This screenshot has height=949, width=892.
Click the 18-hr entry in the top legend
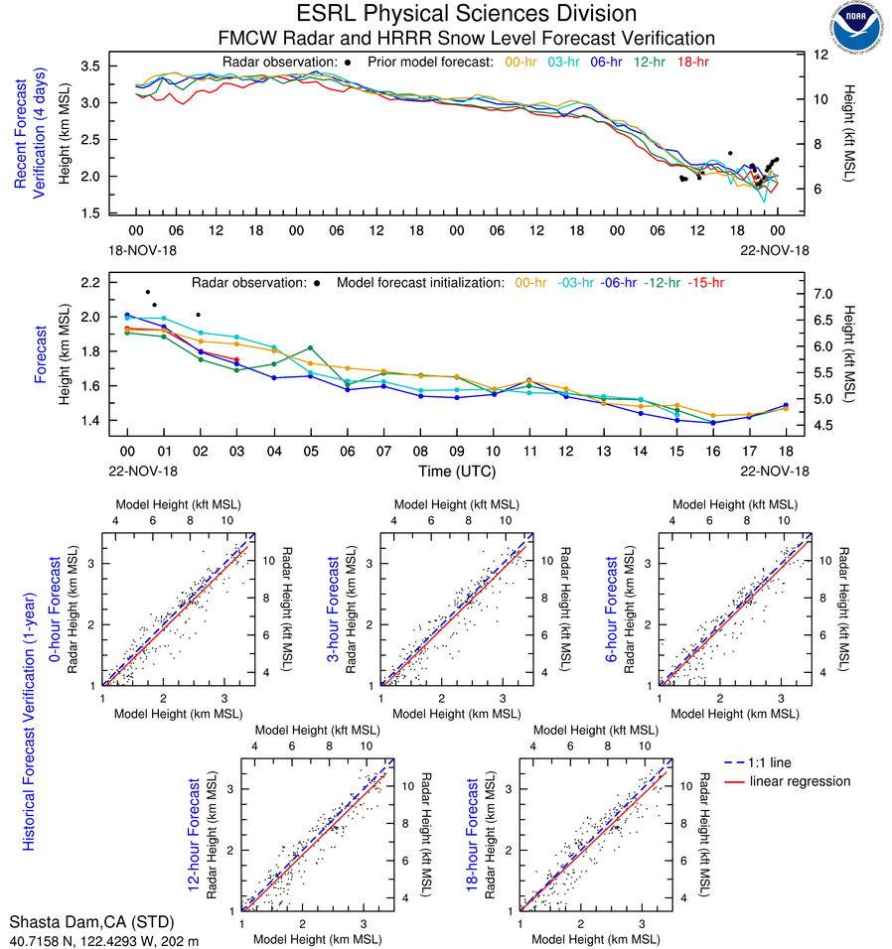coord(691,62)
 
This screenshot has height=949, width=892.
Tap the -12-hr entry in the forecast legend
coord(662,283)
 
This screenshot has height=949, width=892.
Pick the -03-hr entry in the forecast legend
coord(575,283)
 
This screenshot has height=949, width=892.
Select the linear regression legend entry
coord(801,781)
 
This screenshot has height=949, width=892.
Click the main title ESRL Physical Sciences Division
coord(467,14)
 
